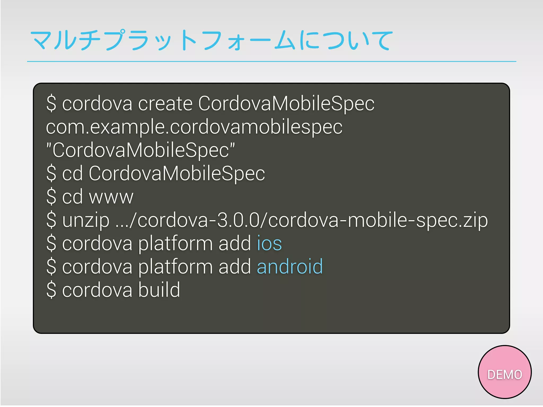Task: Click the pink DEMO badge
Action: (504, 372)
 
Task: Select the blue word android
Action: (290, 267)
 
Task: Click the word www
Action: (111, 197)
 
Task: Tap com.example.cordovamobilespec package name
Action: (194, 127)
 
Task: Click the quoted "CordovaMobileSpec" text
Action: (141, 150)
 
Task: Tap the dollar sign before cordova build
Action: (51, 290)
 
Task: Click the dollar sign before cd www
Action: (51, 197)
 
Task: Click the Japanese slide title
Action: (211, 40)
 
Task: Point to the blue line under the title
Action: (271, 61)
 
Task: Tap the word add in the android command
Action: (235, 267)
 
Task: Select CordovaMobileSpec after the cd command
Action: (177, 173)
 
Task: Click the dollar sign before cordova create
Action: (51, 103)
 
